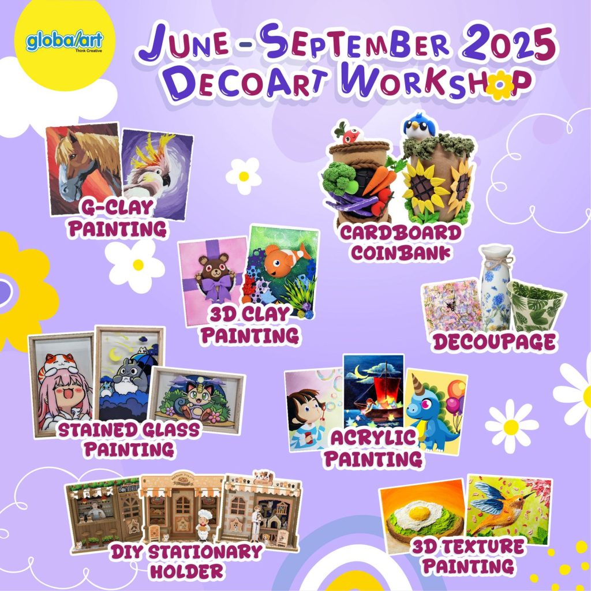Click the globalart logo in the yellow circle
65,42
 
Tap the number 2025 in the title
509,42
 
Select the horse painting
84,169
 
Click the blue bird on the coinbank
419,125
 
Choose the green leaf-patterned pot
534,307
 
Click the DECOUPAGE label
494,342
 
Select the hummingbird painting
509,509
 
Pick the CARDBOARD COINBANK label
401,243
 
